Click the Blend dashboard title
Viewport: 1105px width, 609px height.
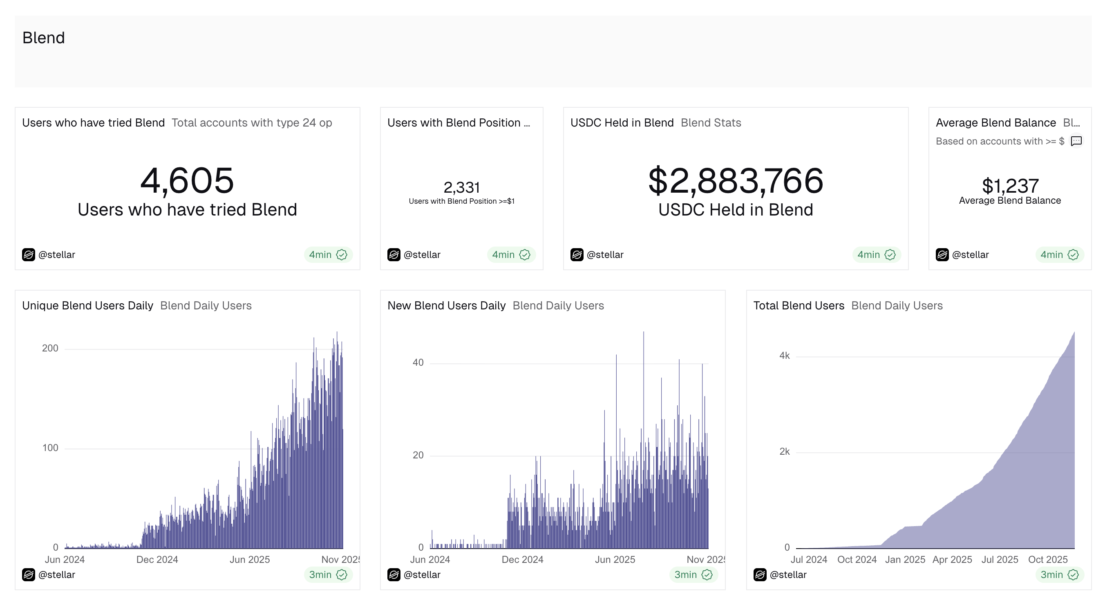point(43,38)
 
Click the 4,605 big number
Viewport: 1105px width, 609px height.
point(187,180)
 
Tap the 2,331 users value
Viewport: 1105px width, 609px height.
point(461,187)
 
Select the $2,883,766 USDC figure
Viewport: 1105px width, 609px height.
point(736,180)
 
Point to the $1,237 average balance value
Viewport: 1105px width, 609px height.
point(1010,186)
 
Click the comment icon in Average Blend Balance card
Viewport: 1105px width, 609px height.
point(1076,141)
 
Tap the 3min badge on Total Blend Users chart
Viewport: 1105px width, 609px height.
point(1059,575)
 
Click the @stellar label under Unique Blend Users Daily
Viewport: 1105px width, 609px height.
point(57,575)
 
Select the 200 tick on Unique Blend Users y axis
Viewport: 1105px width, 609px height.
point(50,349)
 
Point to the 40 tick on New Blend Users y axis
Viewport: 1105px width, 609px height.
point(418,362)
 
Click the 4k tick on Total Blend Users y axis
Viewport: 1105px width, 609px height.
point(784,356)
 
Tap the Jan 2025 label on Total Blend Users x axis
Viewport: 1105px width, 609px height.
point(905,560)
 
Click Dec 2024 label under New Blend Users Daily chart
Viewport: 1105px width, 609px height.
point(523,560)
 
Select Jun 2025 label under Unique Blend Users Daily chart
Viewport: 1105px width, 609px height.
point(250,560)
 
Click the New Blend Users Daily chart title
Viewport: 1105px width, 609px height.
point(447,306)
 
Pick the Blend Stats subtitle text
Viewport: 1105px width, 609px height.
point(711,123)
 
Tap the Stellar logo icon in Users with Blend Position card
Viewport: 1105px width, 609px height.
point(394,255)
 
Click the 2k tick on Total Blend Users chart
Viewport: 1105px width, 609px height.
point(784,452)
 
